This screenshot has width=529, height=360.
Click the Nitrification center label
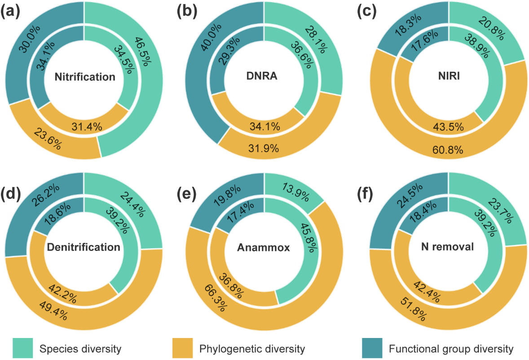click(85, 77)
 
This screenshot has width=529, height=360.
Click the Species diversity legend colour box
click(21, 348)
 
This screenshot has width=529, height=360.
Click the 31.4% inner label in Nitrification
click(87, 127)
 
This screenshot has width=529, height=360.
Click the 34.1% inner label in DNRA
click(264, 127)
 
